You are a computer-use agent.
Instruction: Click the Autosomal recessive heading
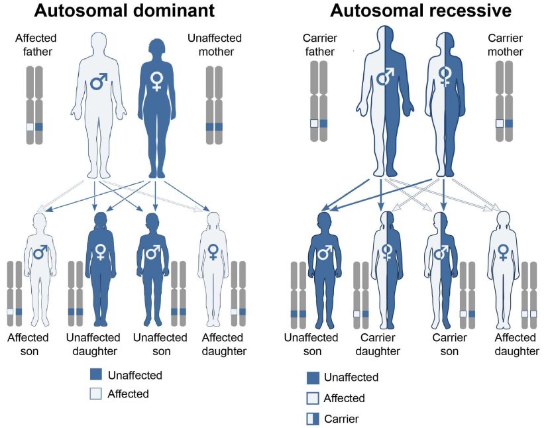[x=421, y=11]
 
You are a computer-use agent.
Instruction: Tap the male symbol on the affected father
[x=99, y=81]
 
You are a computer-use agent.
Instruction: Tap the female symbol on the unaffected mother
[x=156, y=81]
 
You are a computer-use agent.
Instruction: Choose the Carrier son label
[x=449, y=344]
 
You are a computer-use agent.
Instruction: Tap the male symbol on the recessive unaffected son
[x=324, y=252]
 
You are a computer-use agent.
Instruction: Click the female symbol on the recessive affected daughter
[x=504, y=252]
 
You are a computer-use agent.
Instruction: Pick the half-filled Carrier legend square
[x=313, y=419]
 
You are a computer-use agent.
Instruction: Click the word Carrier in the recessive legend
[x=342, y=419]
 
